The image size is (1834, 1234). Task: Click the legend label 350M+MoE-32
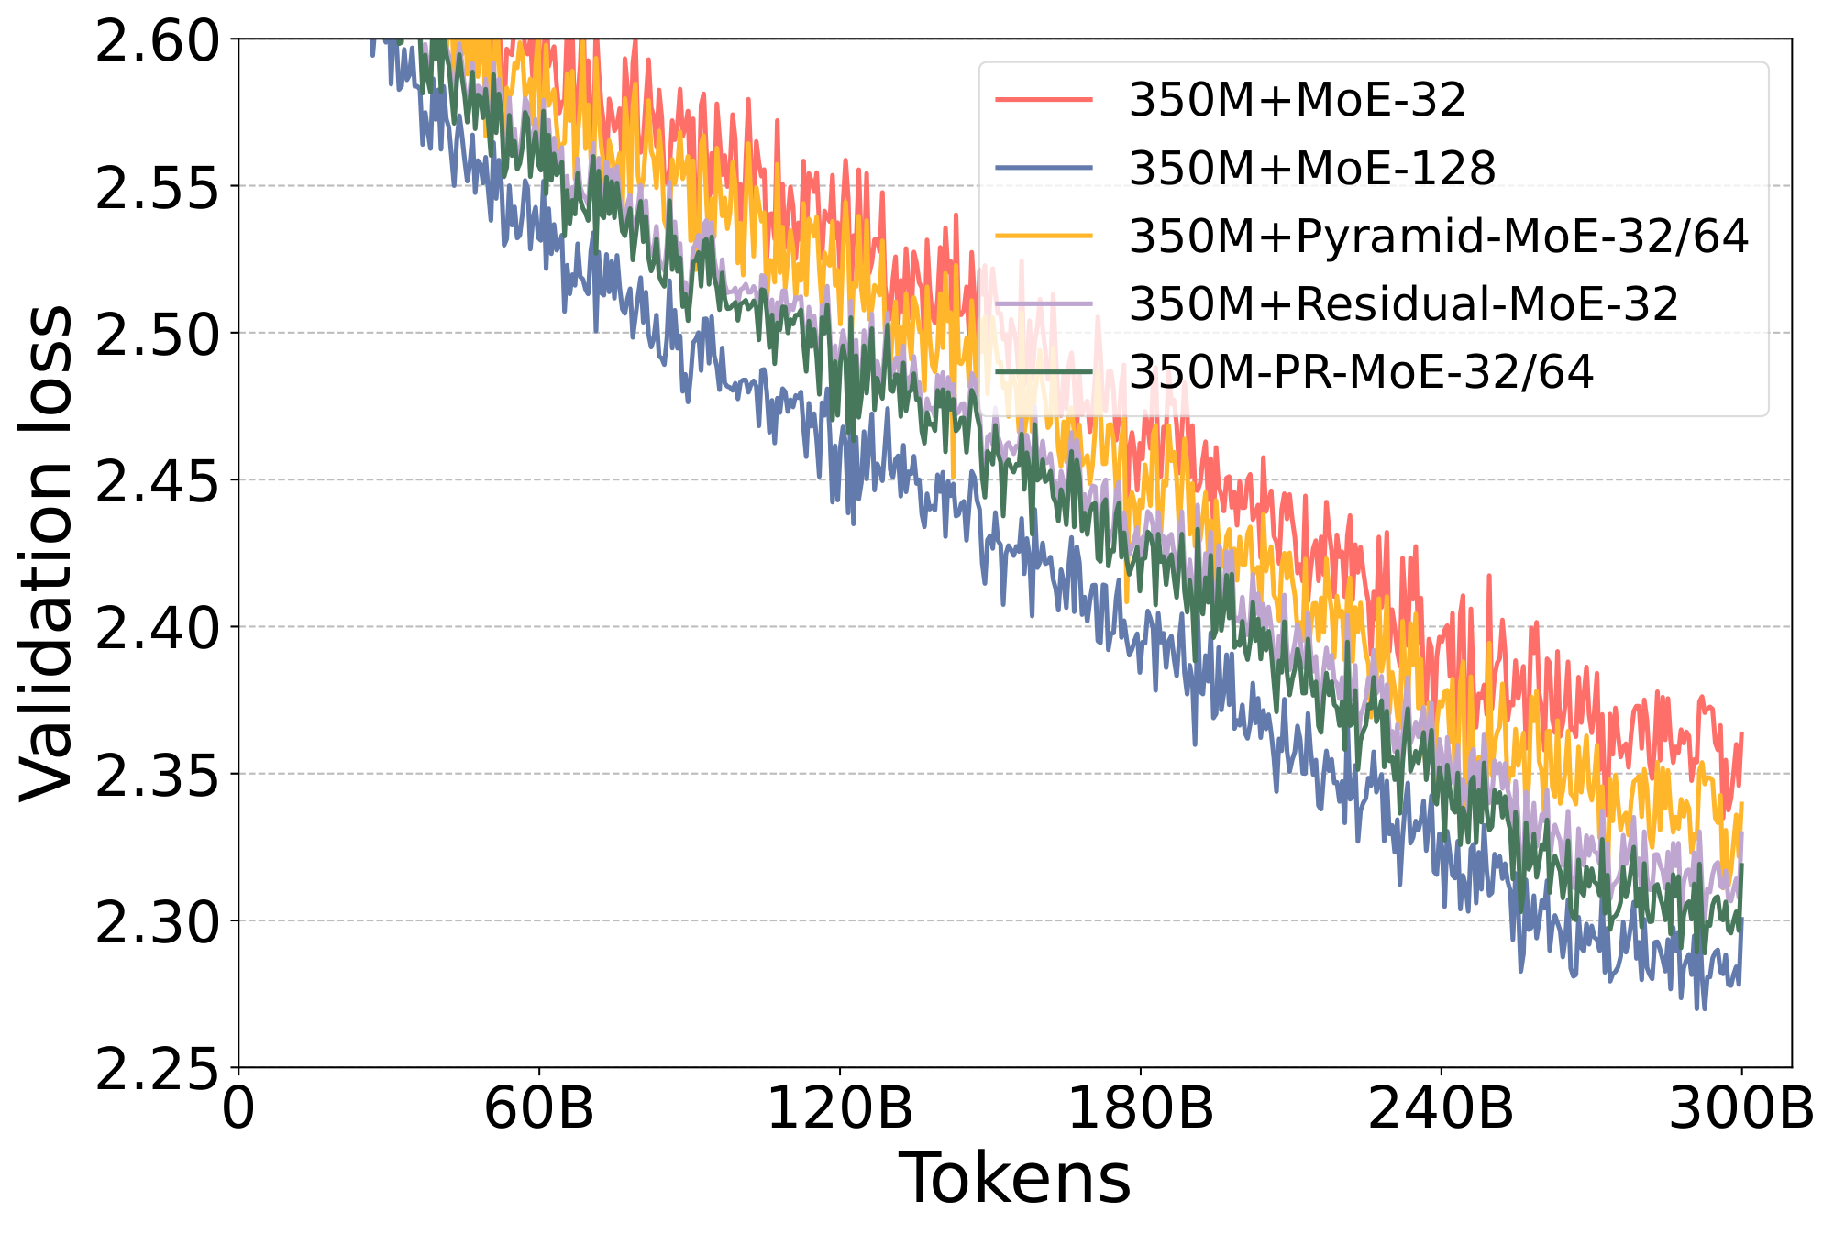click(x=1297, y=100)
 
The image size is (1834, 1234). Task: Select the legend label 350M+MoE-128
click(x=1312, y=169)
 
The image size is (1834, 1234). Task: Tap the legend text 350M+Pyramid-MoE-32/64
click(x=1439, y=237)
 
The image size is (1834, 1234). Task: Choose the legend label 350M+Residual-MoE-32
click(x=1403, y=304)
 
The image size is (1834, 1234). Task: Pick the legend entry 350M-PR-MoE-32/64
click(x=1361, y=372)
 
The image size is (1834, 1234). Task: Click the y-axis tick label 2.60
click(x=158, y=41)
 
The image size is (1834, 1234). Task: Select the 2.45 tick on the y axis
click(x=158, y=480)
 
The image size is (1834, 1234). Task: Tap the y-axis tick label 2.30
click(x=158, y=920)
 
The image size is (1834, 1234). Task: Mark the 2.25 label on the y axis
click(x=158, y=1067)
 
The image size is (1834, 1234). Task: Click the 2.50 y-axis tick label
click(x=158, y=334)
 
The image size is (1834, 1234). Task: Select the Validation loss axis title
click(x=46, y=554)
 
